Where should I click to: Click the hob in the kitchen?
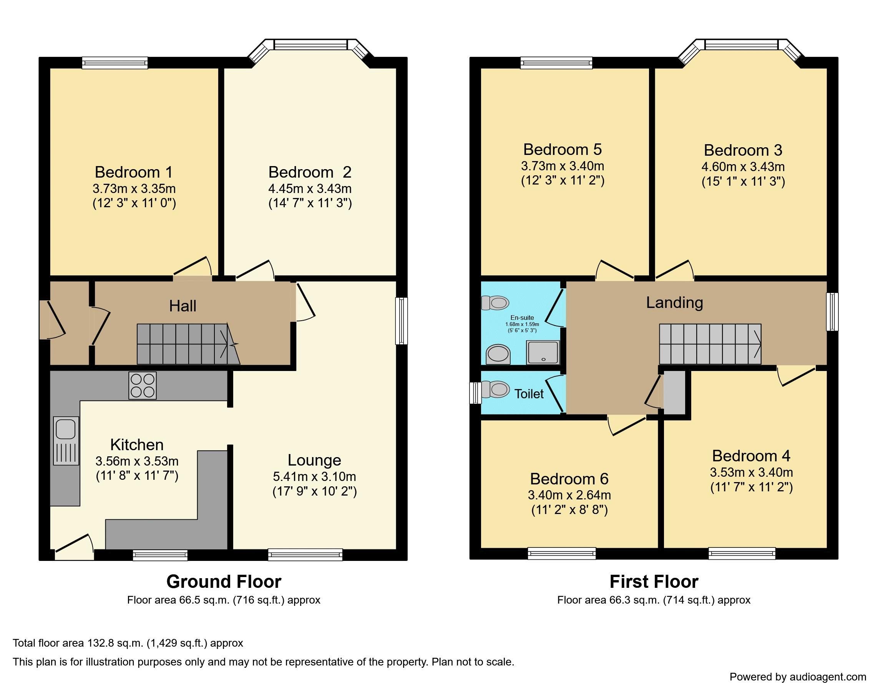(143, 385)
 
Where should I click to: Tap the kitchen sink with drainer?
(66, 441)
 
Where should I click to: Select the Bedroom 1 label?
(134, 172)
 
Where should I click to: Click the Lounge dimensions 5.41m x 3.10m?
(314, 476)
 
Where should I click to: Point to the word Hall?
(183, 306)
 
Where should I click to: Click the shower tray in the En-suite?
(543, 352)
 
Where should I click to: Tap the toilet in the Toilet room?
(496, 390)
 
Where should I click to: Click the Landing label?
(674, 303)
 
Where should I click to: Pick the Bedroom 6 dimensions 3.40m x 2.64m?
(569, 495)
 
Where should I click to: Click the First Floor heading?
(654, 582)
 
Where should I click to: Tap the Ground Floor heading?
(224, 582)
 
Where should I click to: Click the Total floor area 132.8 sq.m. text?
(128, 643)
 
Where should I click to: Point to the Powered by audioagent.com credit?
(798, 677)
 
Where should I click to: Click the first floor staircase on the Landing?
(710, 344)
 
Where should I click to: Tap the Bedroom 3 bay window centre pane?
(741, 44)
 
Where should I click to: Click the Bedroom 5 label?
(562, 150)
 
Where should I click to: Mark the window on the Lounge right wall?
(401, 321)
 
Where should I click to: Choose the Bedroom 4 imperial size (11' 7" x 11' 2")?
(751, 487)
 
